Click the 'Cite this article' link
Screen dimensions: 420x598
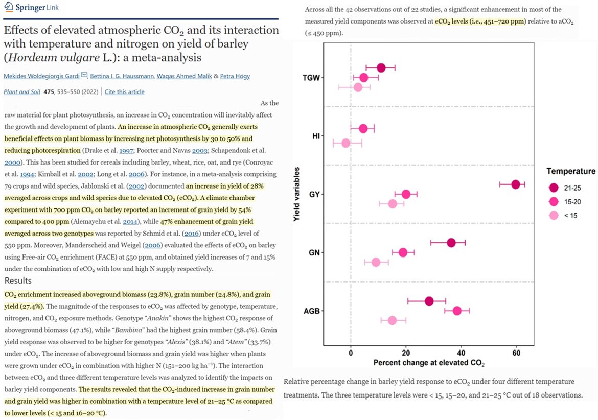coord(124,92)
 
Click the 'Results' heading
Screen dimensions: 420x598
coord(18,281)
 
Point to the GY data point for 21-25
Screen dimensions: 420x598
coord(515,184)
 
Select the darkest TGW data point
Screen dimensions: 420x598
coord(381,68)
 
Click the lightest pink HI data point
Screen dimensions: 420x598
coord(346,143)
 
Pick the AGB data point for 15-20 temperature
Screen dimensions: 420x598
coord(457,311)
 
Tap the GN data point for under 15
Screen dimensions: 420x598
coord(376,262)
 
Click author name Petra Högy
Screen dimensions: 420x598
coord(233,76)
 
